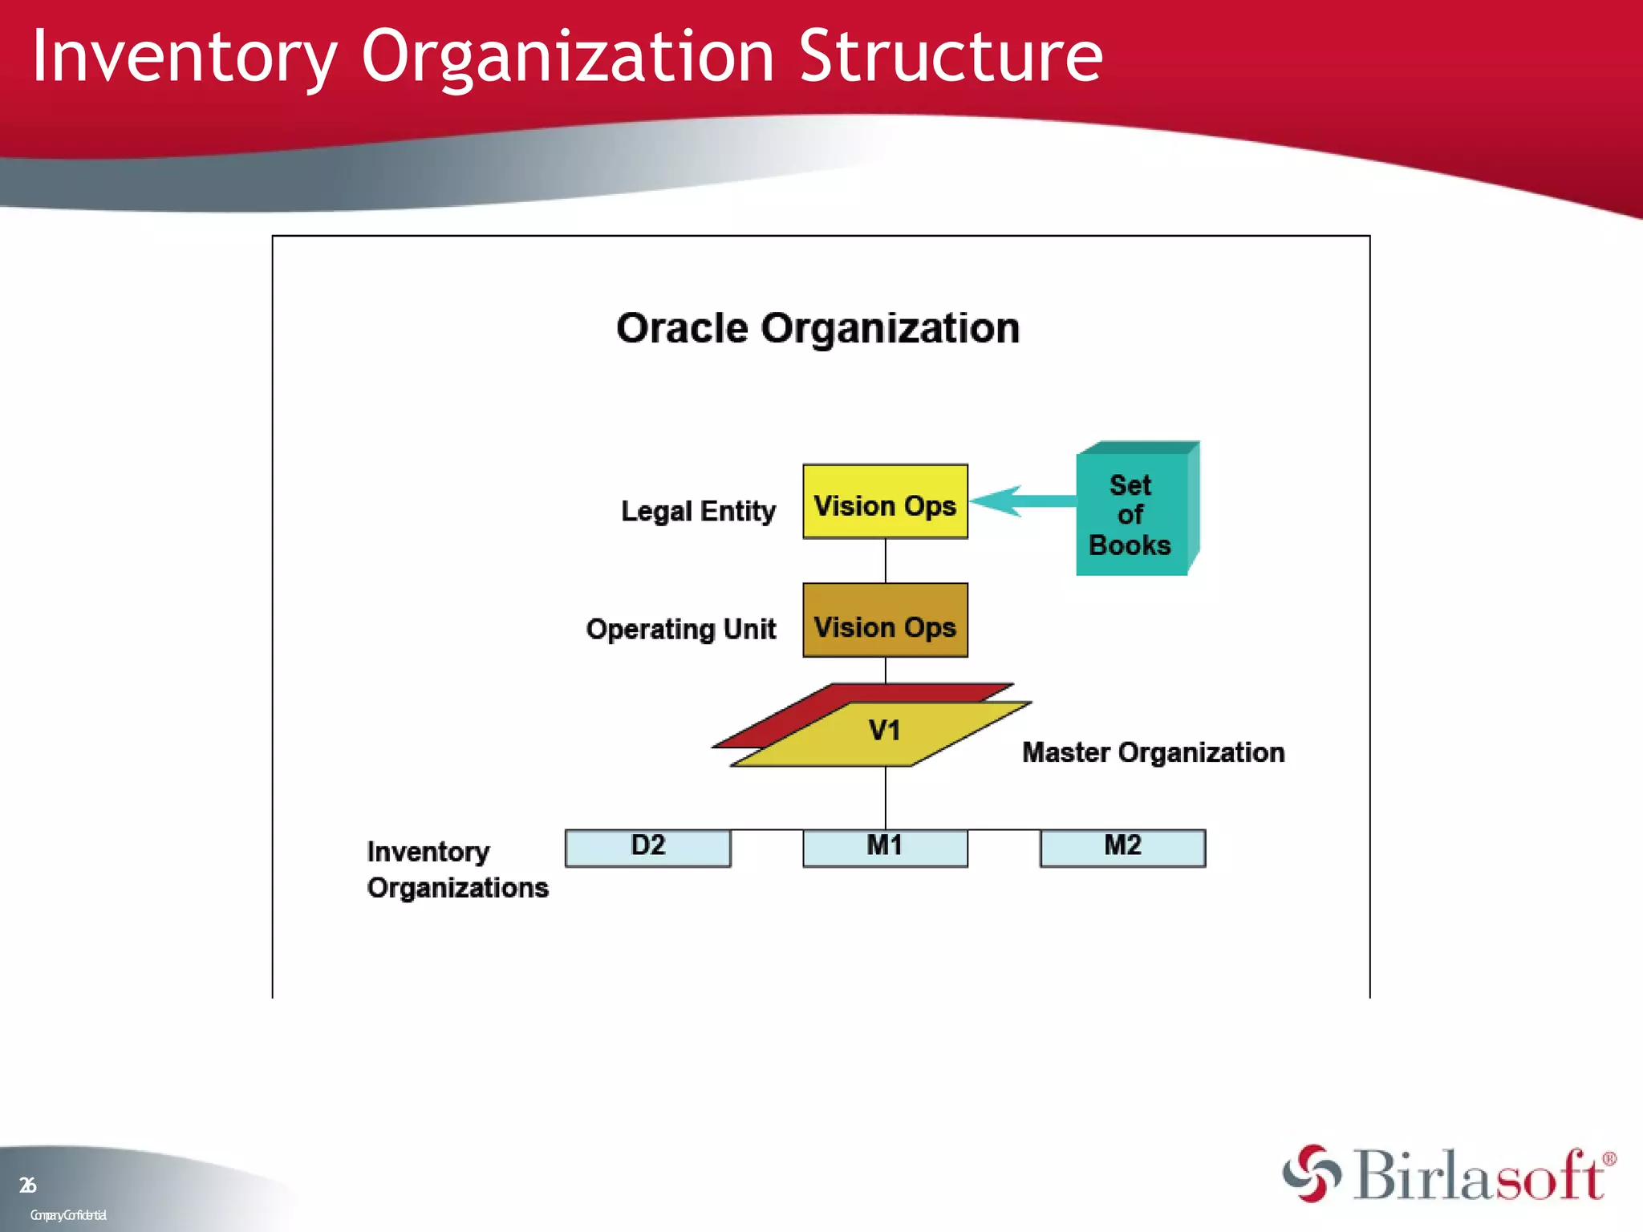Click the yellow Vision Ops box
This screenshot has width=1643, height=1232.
click(885, 501)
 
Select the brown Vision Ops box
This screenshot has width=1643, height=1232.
click(885, 620)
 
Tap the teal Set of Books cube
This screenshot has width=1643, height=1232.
click(1131, 514)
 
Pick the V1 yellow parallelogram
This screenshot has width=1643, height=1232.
click(882, 733)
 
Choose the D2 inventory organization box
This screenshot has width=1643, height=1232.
click(647, 848)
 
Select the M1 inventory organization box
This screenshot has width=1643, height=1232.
click(885, 848)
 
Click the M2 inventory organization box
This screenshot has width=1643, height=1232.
click(1122, 848)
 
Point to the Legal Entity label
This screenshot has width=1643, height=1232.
click(698, 511)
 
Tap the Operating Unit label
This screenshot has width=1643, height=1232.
click(681, 629)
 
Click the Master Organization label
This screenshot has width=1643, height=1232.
click(1153, 752)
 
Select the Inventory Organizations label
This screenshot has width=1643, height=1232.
click(457, 869)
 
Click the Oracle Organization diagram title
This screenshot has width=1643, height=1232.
click(817, 328)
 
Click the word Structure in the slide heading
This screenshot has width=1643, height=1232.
click(951, 56)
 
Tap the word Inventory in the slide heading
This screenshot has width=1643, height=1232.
click(185, 56)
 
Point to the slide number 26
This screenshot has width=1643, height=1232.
click(27, 1185)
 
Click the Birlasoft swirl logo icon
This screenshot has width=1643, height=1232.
click(1311, 1173)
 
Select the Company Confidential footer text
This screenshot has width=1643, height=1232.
click(68, 1215)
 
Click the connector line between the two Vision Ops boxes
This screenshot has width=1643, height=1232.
click(885, 561)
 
